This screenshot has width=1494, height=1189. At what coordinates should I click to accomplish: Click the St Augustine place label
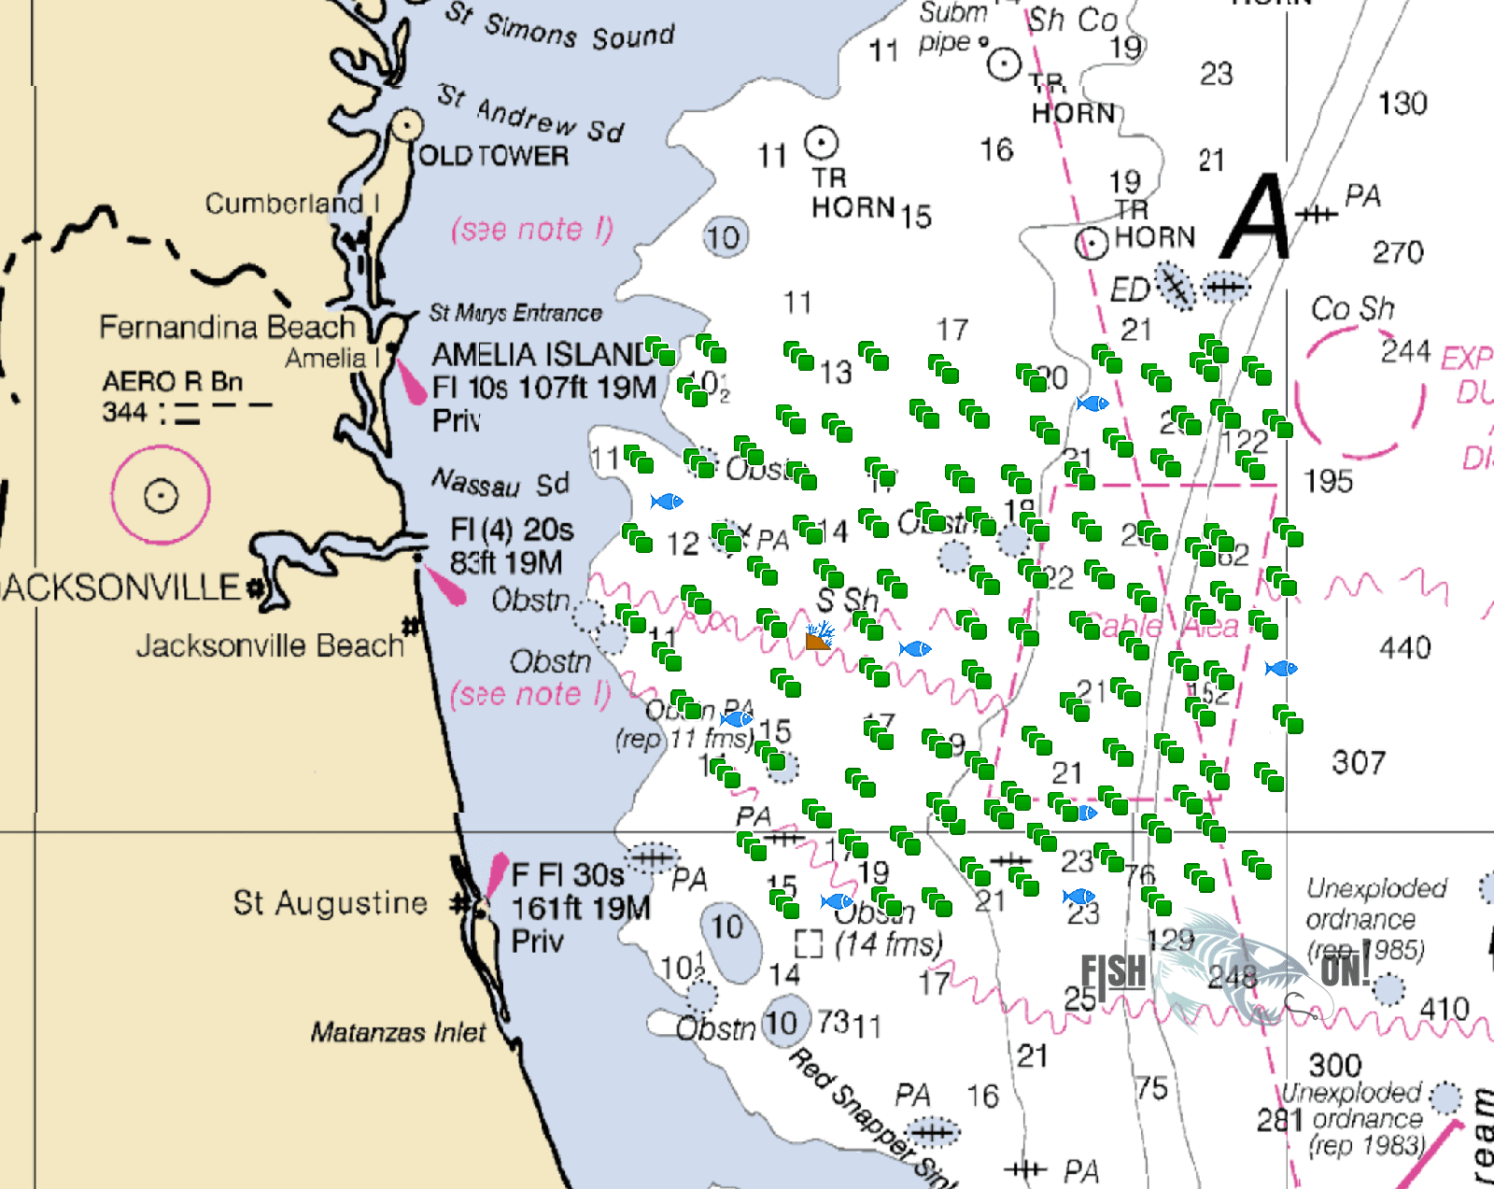point(330,903)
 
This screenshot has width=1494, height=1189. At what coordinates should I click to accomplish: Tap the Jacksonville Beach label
point(270,645)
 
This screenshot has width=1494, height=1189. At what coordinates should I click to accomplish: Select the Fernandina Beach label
point(227,327)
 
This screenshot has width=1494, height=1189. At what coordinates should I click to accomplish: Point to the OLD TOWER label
point(493,156)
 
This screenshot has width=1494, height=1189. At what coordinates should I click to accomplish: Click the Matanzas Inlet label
point(398,1032)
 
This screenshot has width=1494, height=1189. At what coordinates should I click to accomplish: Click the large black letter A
point(1257,219)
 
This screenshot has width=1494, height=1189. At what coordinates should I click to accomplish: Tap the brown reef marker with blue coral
point(819,636)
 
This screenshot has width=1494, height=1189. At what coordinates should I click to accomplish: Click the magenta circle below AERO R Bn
point(161,495)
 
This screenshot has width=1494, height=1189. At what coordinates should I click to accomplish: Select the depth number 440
point(1404,647)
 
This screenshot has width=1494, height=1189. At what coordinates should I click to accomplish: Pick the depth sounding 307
point(1359,763)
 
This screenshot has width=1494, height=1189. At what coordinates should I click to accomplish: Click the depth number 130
point(1402,103)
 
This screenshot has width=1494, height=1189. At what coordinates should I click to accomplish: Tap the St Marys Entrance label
point(515,313)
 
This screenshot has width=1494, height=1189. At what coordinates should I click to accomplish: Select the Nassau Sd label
point(500,483)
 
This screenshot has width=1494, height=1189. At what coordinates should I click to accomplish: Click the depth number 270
point(1398,252)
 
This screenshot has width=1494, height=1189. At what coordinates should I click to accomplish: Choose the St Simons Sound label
point(558,28)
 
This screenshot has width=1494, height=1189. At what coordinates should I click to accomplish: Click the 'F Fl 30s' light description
point(567,875)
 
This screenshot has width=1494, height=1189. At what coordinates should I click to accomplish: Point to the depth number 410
point(1444,1009)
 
